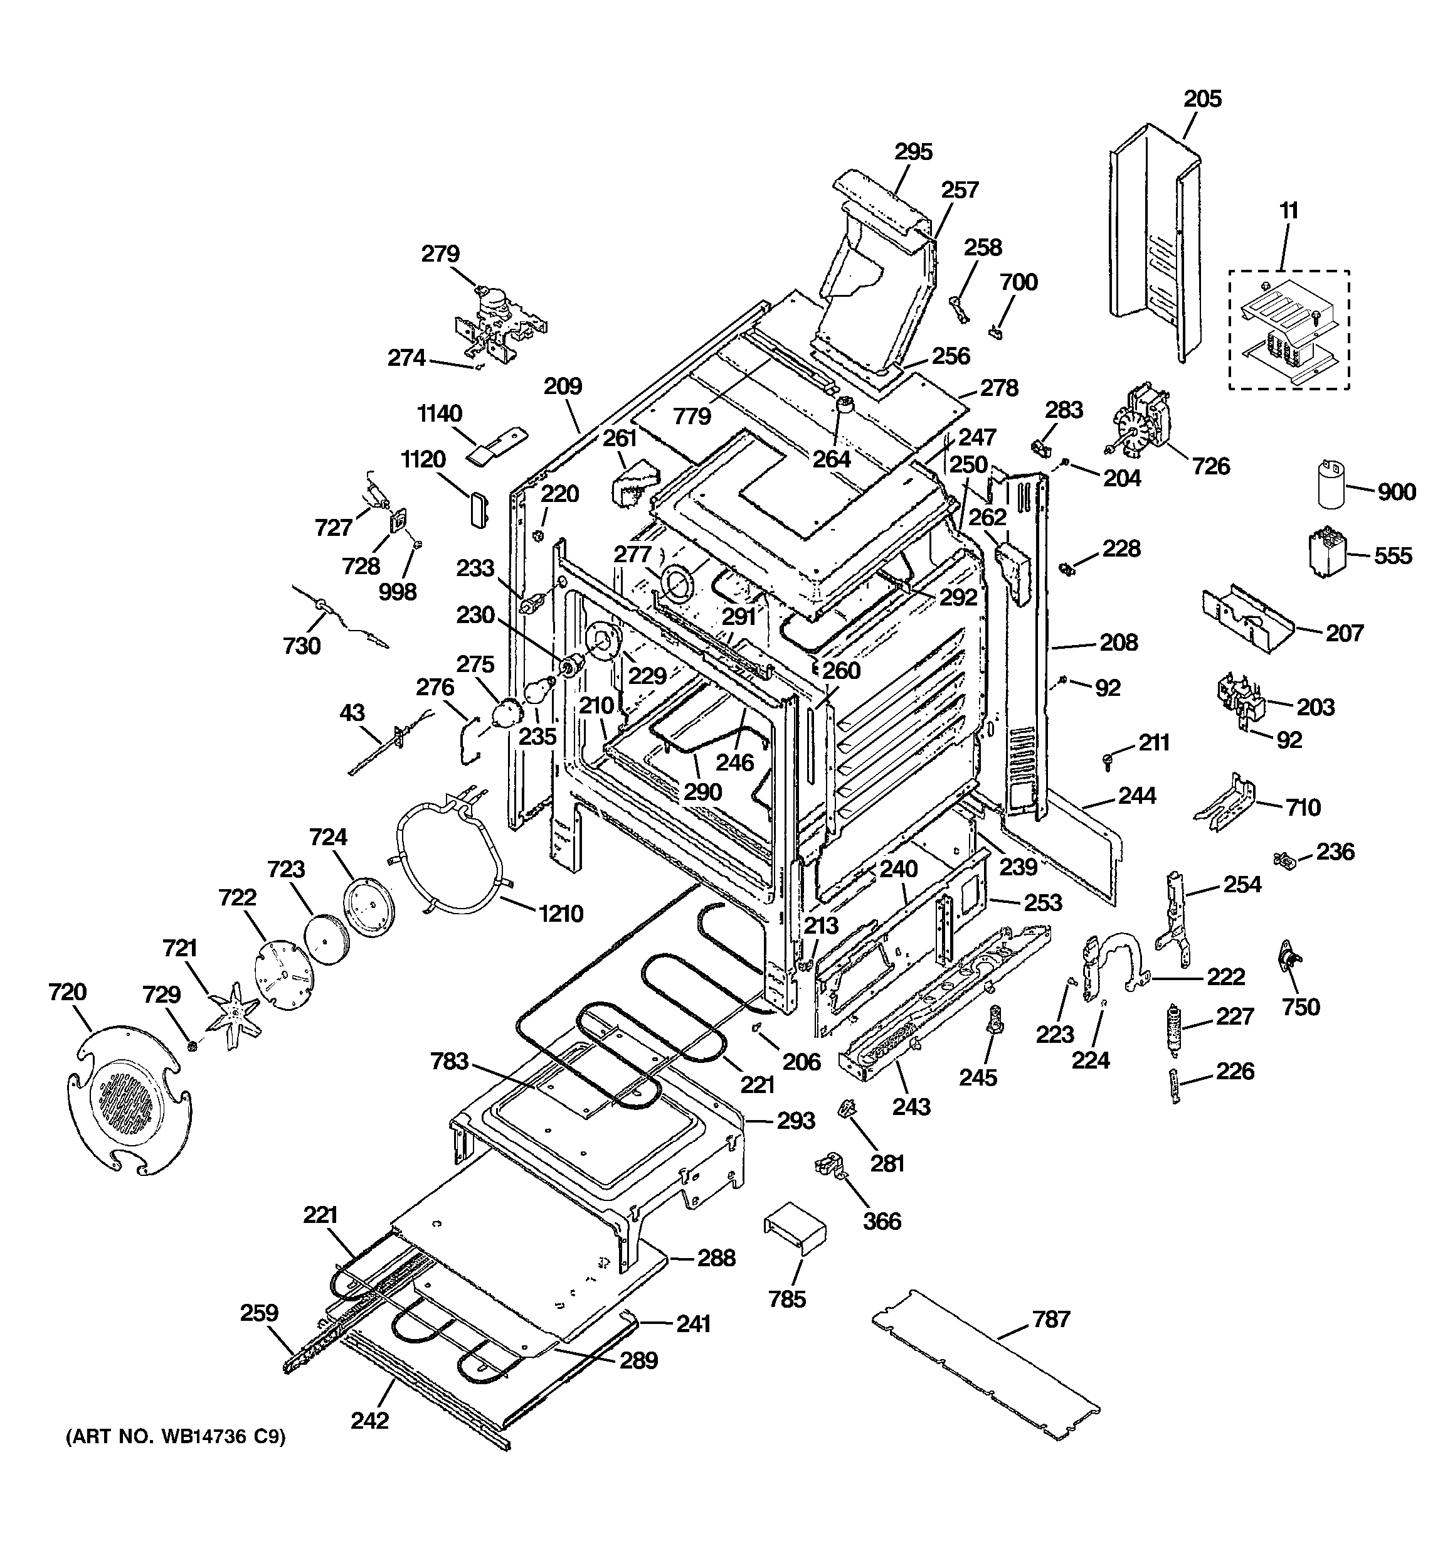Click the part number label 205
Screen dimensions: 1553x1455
(1202, 99)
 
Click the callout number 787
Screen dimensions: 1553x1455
(1050, 1320)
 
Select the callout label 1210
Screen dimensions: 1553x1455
(561, 913)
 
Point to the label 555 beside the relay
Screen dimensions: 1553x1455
(1392, 556)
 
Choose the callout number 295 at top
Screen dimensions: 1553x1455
(913, 152)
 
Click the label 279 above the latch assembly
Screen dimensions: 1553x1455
(440, 254)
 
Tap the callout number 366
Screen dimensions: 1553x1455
(882, 1220)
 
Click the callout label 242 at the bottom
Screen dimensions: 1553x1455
(369, 1419)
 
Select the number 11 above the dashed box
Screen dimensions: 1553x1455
(1289, 211)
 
